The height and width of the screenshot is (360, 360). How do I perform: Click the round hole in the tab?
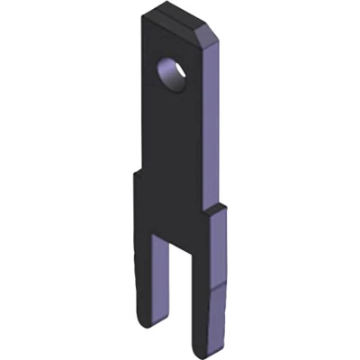pos(172,75)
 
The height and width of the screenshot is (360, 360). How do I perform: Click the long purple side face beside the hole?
pos(213,117)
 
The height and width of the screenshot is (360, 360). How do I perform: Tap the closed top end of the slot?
pos(177,236)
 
